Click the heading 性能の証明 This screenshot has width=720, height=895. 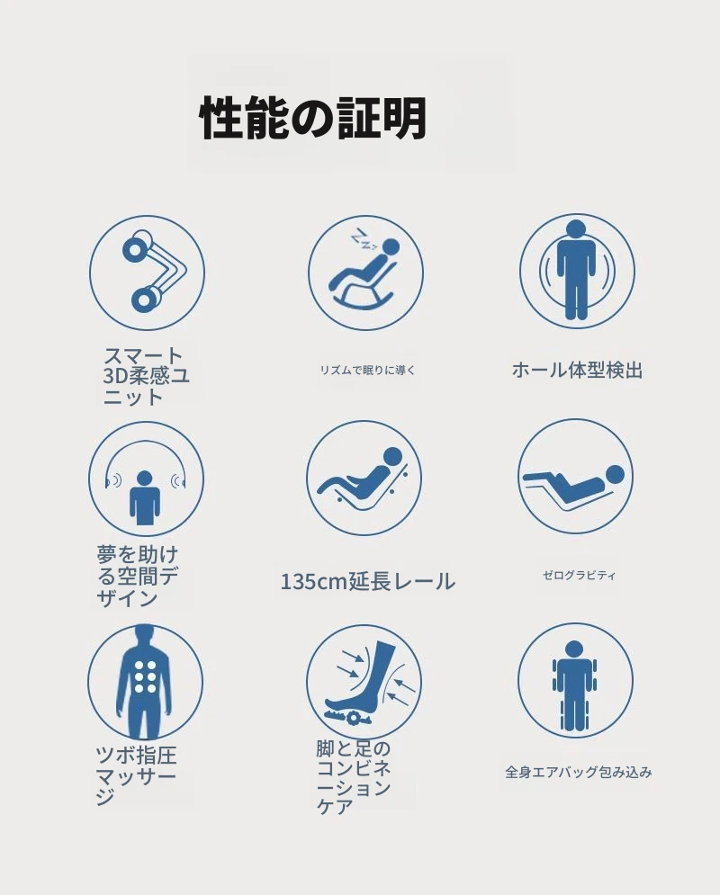[313, 118]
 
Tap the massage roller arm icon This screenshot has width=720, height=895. [148, 273]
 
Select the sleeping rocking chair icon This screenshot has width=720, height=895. [366, 273]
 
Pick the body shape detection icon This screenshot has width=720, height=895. [577, 272]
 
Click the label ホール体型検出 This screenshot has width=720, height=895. [577, 371]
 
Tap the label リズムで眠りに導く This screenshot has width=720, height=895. [367, 370]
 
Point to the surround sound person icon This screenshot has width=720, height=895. [146, 479]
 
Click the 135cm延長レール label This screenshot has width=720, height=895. [368, 582]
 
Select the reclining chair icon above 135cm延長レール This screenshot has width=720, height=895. [364, 479]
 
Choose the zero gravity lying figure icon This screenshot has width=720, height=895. [575, 477]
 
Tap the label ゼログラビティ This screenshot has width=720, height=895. [579, 576]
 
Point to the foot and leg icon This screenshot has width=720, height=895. [364, 682]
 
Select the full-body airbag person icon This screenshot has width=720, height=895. [575, 680]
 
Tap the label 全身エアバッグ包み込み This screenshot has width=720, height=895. [579, 773]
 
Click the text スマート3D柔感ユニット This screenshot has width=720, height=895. [146, 377]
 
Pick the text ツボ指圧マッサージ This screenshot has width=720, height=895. [136, 775]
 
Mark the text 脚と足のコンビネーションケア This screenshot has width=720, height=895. [354, 777]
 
